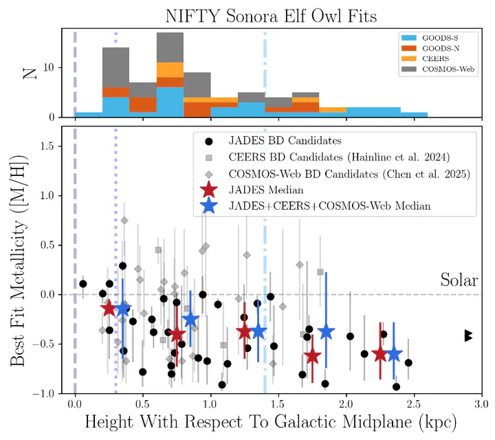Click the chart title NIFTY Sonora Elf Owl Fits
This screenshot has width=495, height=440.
tap(271, 16)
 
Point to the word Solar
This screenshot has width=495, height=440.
tap(459, 280)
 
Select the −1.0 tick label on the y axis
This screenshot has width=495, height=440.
tap(44, 393)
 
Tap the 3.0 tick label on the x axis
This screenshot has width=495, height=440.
tap(482, 404)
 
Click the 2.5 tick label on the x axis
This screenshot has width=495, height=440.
tap(414, 404)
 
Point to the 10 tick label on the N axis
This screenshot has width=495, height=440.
tap(49, 67)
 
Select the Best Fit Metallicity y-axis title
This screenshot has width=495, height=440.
tap(18, 261)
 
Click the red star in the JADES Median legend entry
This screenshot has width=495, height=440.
tap(209, 190)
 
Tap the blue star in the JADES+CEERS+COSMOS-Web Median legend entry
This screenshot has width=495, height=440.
tap(209, 206)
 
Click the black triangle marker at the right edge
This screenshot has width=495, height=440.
tap(468, 335)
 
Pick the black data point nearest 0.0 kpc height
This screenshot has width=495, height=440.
tap(83, 284)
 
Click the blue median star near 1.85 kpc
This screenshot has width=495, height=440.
tap(326, 331)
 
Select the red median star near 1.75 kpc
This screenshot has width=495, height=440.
tap(312, 355)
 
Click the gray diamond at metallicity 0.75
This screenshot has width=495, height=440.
tap(124, 220)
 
